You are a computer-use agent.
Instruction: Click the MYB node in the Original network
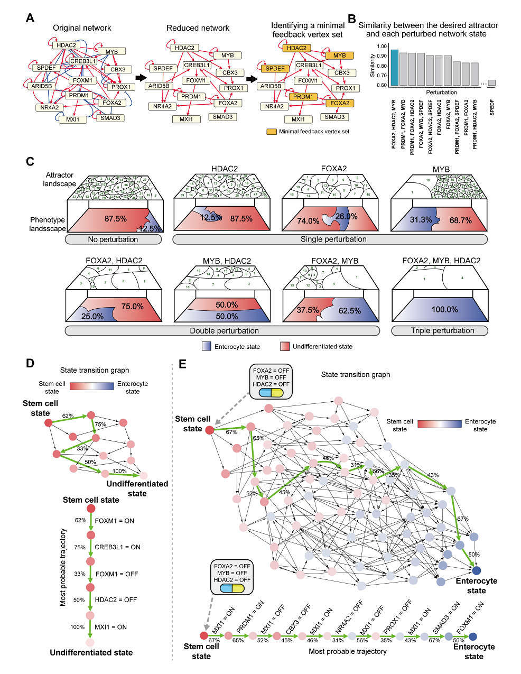click(x=111, y=52)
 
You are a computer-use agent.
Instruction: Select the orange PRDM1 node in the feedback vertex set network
click(x=303, y=97)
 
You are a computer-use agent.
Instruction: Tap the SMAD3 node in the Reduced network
click(x=222, y=117)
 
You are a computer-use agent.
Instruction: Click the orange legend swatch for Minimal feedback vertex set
click(x=271, y=132)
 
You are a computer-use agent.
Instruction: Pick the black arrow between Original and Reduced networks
click(x=140, y=78)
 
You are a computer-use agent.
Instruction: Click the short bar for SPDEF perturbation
click(x=491, y=82)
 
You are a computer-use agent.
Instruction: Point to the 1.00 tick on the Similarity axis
click(x=382, y=47)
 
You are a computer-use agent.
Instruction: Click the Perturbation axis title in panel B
click(x=441, y=93)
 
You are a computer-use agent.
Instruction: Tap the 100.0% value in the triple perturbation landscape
click(x=444, y=310)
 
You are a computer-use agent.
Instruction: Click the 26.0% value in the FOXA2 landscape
click(x=347, y=216)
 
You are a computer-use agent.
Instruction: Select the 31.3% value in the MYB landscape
click(x=421, y=220)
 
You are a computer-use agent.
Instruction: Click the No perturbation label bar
click(x=113, y=239)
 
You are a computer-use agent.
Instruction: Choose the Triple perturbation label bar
click(x=440, y=331)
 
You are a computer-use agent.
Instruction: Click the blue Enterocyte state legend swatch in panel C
click(x=207, y=346)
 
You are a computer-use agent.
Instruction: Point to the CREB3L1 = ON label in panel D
click(x=117, y=547)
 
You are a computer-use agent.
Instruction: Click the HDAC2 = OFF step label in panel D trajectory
click(x=116, y=600)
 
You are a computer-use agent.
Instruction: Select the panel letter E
click(x=183, y=364)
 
